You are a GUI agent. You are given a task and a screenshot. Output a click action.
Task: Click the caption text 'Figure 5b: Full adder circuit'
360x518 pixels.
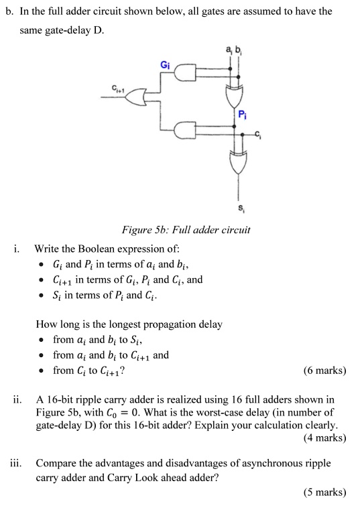pos(186,230)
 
